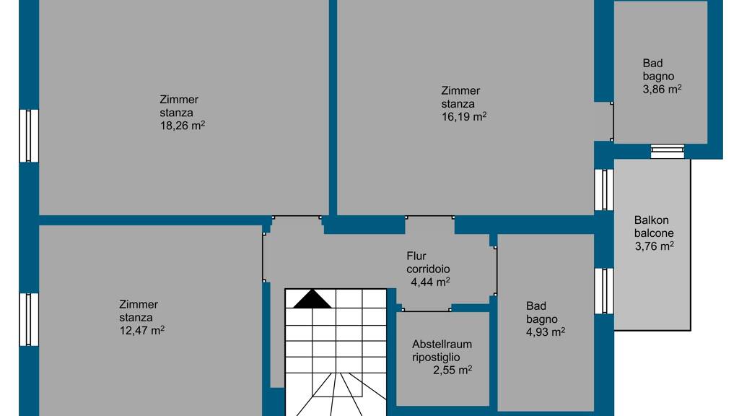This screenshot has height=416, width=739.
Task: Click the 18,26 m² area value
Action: [183, 126]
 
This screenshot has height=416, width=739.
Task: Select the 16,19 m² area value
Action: [464, 116]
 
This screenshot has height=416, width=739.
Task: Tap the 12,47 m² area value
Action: [142, 330]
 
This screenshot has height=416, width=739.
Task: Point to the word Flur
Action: [416, 256]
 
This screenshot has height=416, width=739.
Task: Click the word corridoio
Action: [428, 269]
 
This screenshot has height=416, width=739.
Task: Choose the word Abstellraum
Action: [442, 344]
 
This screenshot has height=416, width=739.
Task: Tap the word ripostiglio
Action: [436, 357]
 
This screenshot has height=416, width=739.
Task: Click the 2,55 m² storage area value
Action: [452, 370]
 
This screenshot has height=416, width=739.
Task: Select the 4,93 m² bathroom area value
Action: [546, 332]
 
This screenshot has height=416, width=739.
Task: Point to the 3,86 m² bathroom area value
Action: [663, 89]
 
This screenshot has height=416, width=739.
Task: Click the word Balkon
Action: [652, 220]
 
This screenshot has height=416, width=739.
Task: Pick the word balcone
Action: [654, 233]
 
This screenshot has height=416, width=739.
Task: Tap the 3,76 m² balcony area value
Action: [654, 246]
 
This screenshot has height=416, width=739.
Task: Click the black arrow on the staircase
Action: [312, 299]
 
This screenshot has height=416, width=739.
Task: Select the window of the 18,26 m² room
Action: [29, 136]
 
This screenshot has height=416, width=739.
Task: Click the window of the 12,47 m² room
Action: [29, 319]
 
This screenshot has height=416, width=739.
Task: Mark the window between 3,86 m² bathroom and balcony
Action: [668, 152]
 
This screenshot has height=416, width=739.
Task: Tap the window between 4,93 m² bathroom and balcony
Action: [604, 291]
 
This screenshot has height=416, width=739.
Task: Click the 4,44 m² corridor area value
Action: [430, 282]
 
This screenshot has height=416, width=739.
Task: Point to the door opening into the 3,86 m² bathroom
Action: [612, 121]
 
